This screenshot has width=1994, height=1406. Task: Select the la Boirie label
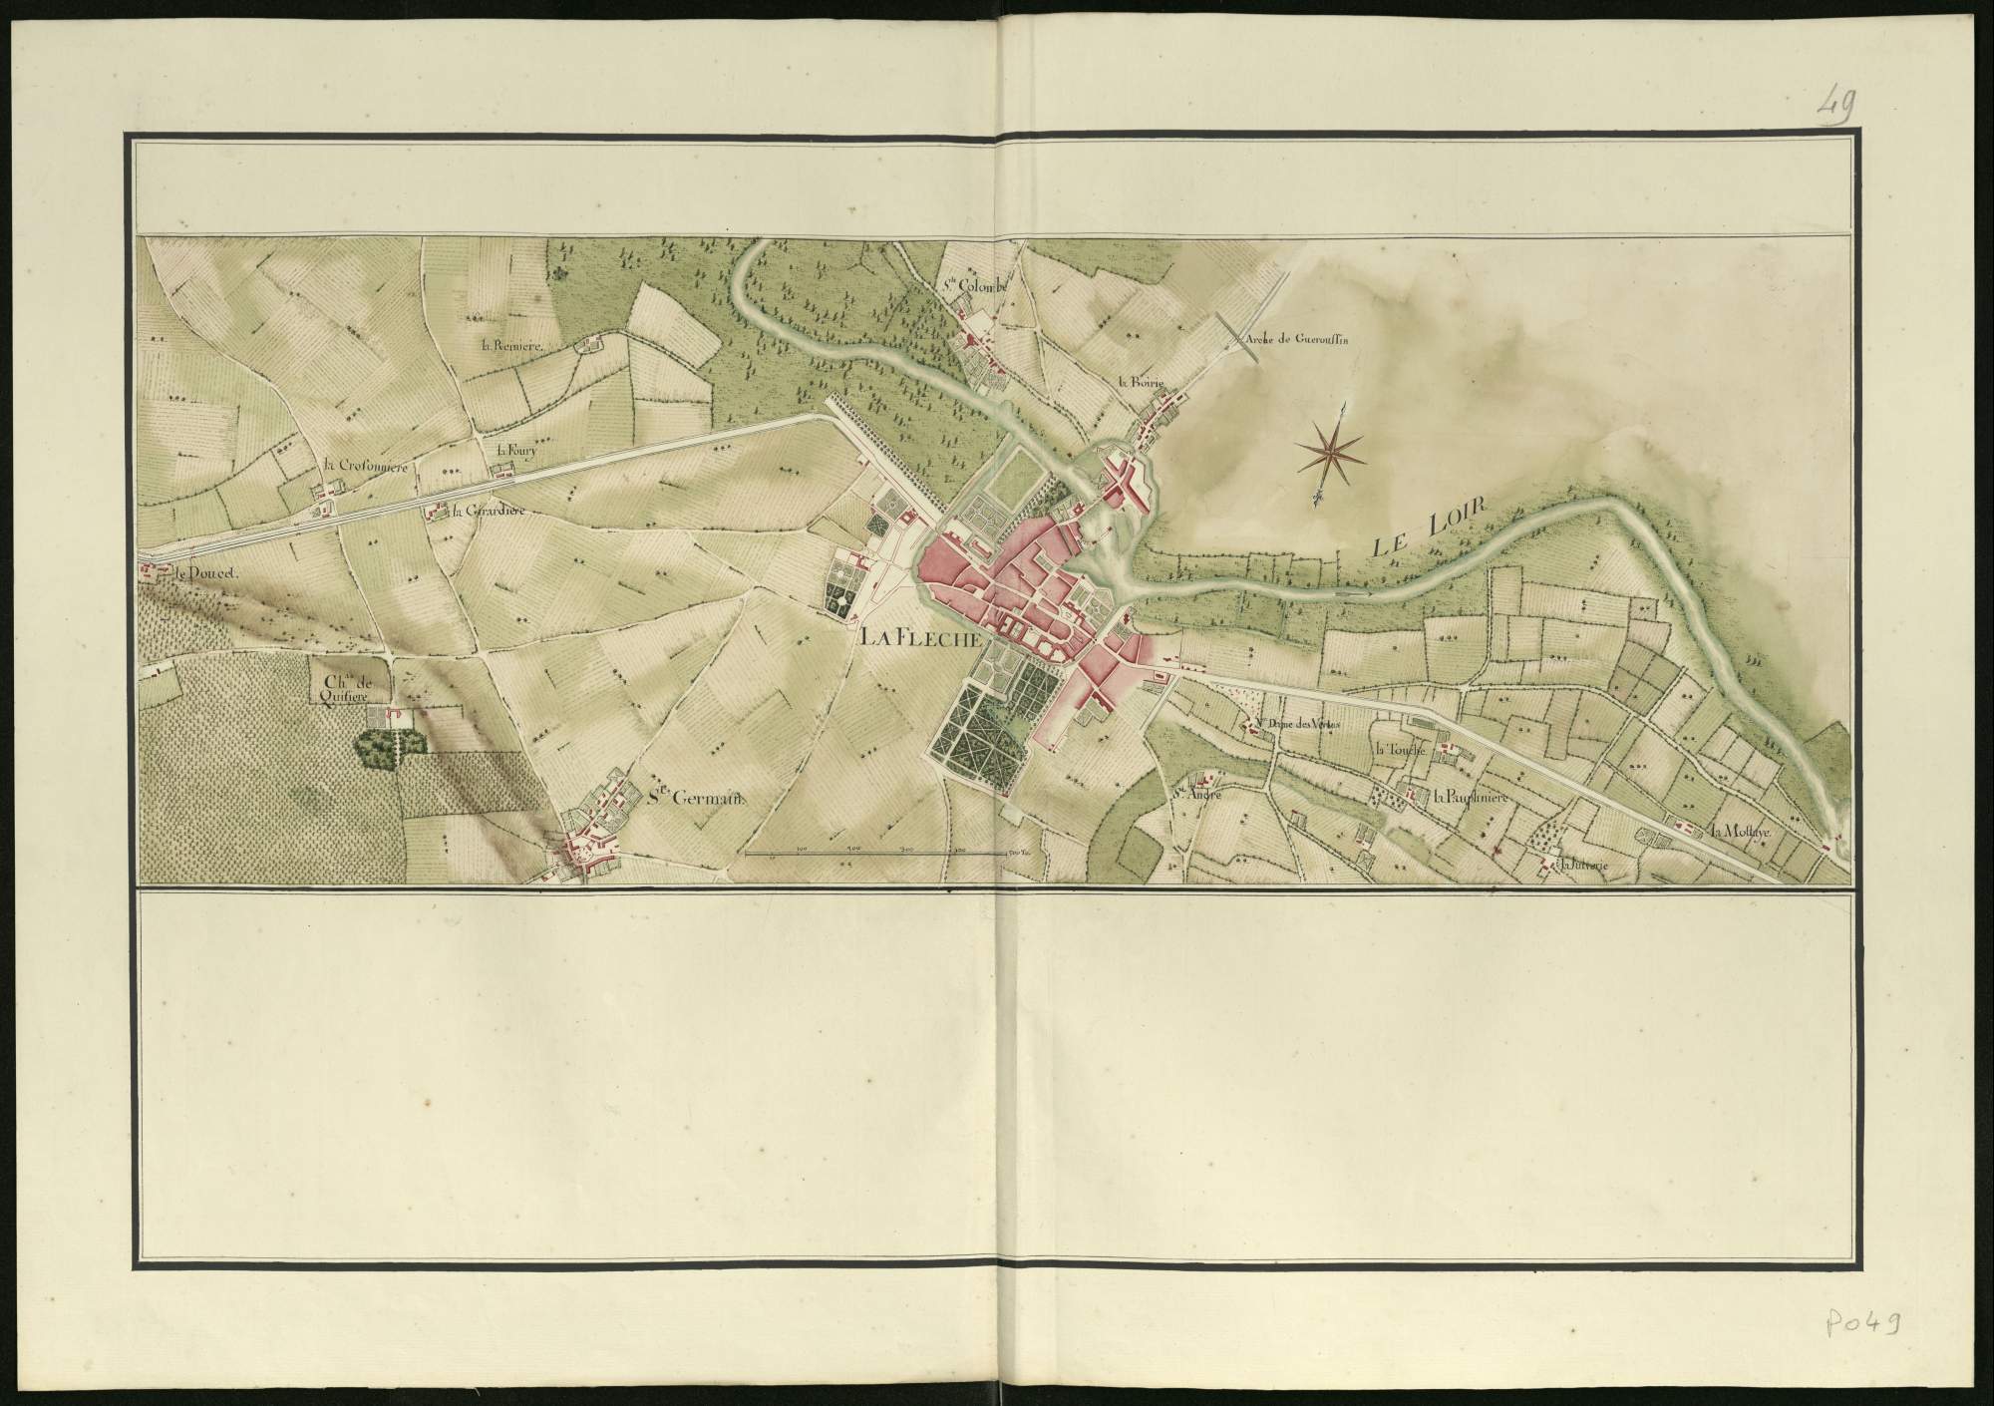(x=1141, y=381)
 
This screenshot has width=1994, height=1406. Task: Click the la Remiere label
(x=508, y=345)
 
